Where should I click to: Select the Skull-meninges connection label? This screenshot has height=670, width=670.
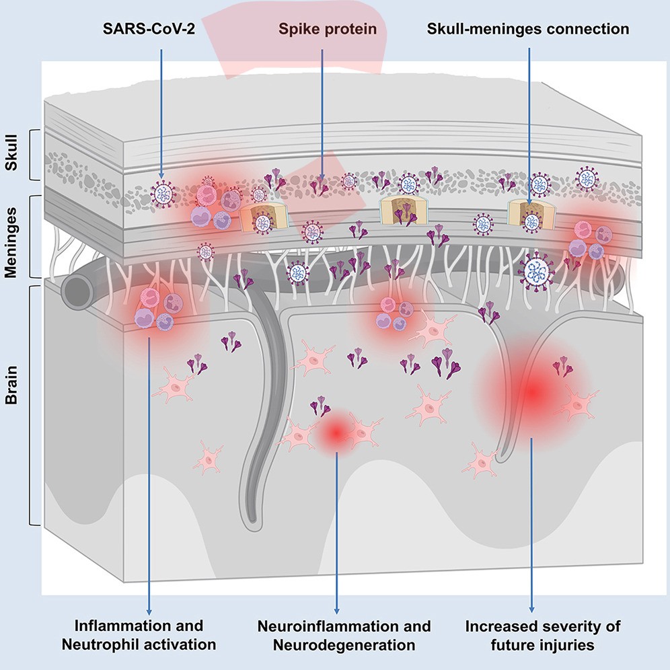click(x=529, y=30)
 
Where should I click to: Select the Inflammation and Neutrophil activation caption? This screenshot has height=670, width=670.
click(x=139, y=635)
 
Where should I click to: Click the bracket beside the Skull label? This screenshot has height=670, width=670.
click(x=32, y=155)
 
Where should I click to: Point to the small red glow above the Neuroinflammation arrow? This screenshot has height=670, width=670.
click(x=335, y=434)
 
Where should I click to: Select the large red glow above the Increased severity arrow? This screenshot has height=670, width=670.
click(x=531, y=390)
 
